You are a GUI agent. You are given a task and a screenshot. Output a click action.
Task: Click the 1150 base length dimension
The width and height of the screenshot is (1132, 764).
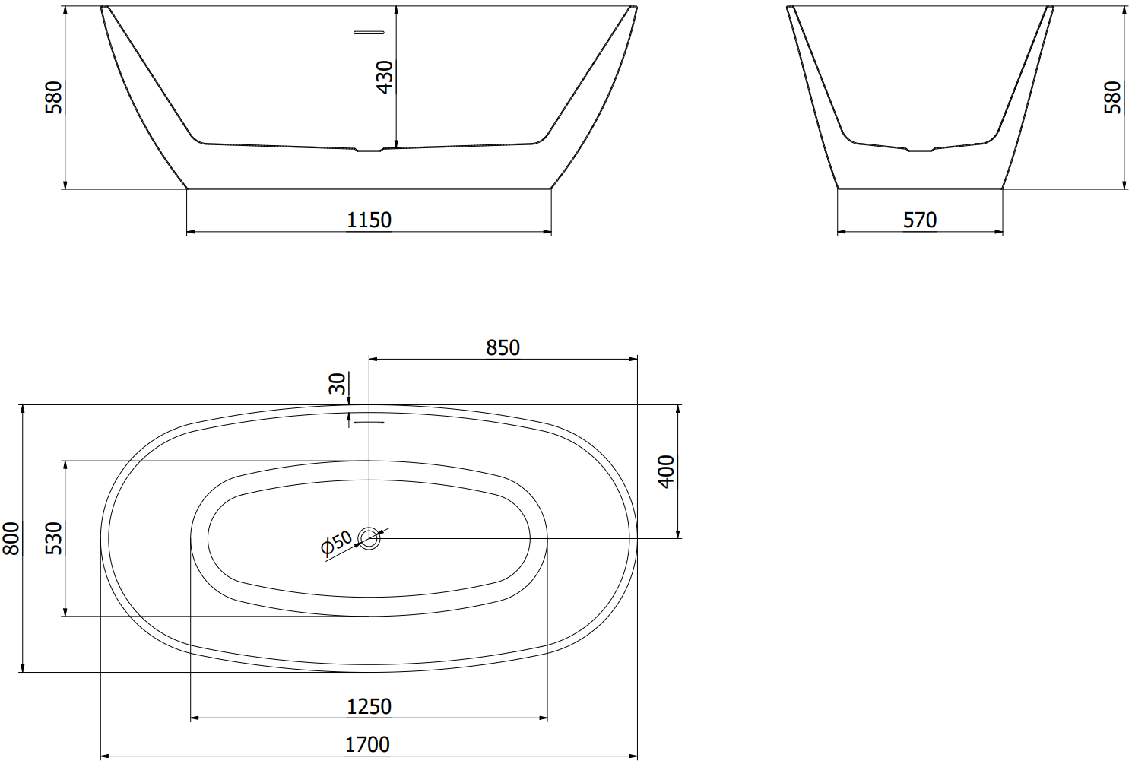(369, 220)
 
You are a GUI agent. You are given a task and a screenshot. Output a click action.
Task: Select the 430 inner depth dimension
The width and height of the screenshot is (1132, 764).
(385, 77)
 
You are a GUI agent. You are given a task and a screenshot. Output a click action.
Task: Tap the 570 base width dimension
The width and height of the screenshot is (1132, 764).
(920, 220)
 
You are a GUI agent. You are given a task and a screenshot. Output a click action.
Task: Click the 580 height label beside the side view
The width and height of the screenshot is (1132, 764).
(53, 97)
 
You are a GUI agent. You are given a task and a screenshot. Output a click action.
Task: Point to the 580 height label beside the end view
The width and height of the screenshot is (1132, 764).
(1112, 97)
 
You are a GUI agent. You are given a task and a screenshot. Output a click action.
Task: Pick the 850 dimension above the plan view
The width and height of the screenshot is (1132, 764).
(503, 347)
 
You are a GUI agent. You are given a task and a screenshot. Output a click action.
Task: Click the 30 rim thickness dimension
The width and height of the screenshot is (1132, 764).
(337, 383)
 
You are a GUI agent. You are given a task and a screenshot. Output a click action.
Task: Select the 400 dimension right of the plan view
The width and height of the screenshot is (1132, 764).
(666, 471)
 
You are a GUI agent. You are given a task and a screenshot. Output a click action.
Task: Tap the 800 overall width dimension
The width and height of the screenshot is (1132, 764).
(11, 539)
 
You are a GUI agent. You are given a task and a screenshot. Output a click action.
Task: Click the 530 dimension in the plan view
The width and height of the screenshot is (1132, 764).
(53, 539)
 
